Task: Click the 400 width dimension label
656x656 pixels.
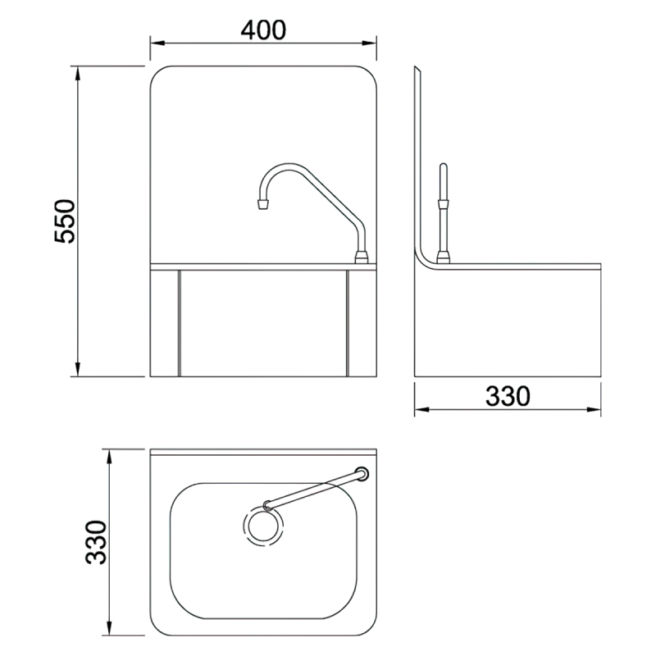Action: tap(263, 29)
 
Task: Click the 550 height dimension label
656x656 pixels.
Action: tap(65, 220)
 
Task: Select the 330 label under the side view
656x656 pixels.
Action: tap(508, 396)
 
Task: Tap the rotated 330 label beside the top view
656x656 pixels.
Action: tap(98, 542)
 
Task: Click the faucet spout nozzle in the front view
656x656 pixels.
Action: tap(262, 203)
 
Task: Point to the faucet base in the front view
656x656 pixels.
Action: tap(361, 259)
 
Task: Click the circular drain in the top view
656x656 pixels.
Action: tap(264, 526)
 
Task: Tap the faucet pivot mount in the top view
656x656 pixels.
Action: tap(362, 473)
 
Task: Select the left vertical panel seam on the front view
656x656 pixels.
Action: tap(179, 321)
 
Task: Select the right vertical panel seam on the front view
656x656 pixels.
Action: tap(348, 321)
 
